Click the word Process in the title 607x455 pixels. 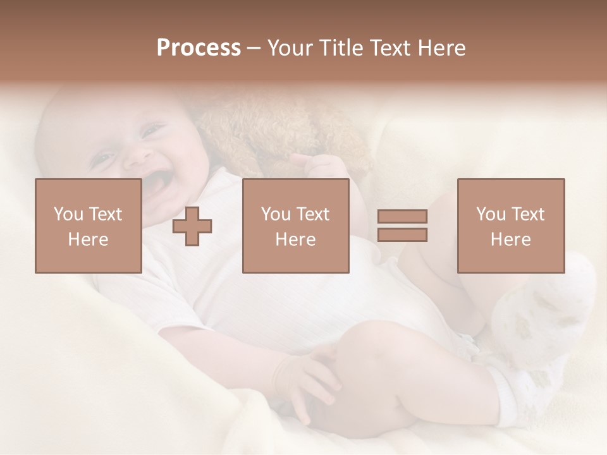[x=199, y=48]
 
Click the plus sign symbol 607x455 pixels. [x=192, y=226]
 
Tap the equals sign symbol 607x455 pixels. [x=402, y=226]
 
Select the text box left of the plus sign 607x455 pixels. [x=88, y=226]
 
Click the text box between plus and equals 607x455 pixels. [x=295, y=226]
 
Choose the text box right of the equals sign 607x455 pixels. [x=510, y=226]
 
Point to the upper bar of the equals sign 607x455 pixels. [x=402, y=217]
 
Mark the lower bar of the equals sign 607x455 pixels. [x=402, y=234]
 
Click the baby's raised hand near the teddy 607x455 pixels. [x=322, y=167]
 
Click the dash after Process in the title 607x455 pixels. [x=254, y=48]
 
